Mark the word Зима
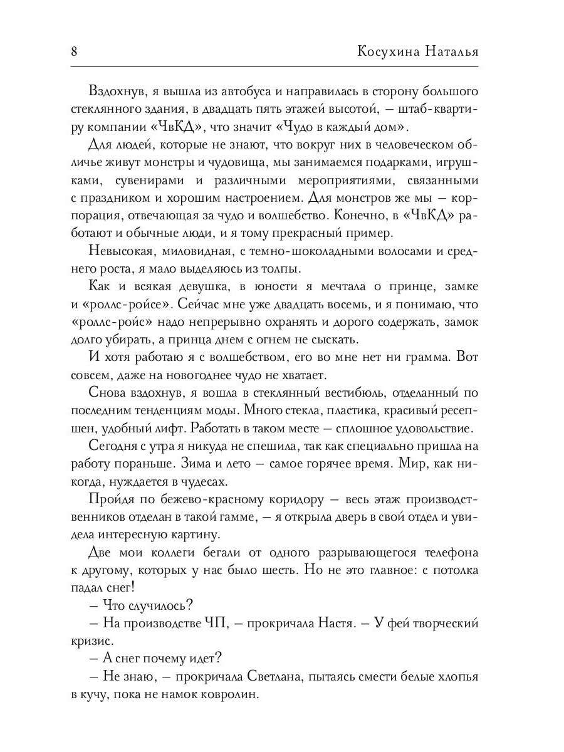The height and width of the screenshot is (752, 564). click(235, 465)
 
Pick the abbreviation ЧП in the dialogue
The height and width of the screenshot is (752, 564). click(214, 624)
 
